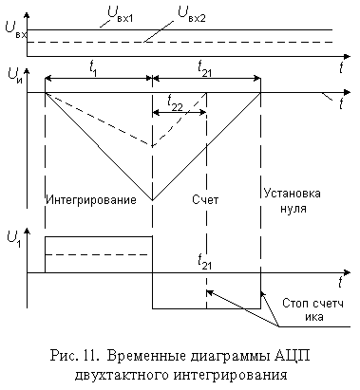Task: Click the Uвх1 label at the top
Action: click(120, 14)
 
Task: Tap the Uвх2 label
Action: click(191, 15)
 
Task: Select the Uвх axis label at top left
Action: click(16, 29)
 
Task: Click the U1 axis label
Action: click(14, 239)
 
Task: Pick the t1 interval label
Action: click(93, 68)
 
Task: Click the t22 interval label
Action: click(174, 102)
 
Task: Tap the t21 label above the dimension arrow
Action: click(204, 68)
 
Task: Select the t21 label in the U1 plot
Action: click(204, 262)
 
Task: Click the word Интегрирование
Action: click(91, 200)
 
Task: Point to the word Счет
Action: click(205, 200)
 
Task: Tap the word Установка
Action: click(292, 194)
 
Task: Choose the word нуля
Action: click(294, 209)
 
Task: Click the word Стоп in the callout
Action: click(295, 304)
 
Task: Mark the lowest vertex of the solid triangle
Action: click(153, 200)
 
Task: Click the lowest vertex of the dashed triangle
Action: click(153, 146)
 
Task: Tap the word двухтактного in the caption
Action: click(122, 375)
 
